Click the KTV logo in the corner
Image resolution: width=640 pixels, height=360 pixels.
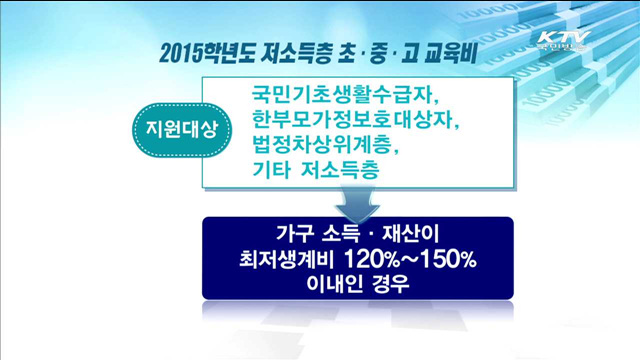pos(564,40)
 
